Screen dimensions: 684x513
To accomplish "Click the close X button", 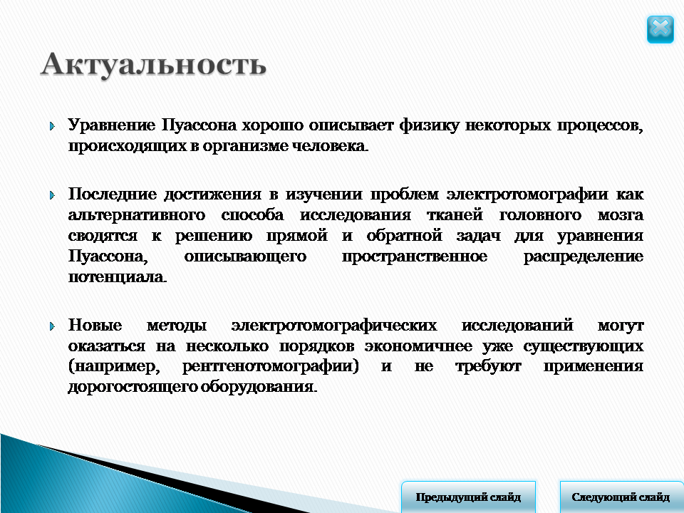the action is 660,29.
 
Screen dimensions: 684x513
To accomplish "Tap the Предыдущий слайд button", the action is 468,497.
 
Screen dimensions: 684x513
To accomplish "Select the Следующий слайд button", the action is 621,497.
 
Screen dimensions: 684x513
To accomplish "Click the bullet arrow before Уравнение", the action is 52,127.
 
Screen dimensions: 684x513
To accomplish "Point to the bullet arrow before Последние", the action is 52,195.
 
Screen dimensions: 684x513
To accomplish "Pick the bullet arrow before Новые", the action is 52,326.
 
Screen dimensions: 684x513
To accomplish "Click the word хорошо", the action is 273,125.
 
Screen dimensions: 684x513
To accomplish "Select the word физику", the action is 429,125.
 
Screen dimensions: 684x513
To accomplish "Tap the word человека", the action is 330,145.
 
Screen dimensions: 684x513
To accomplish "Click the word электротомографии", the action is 527,194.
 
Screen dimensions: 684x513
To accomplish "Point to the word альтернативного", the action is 137,214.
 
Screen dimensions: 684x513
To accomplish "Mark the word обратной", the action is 405,236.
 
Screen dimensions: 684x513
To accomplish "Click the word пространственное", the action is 415,256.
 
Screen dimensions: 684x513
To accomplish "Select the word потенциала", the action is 118,276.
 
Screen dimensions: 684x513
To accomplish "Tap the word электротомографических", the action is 333,325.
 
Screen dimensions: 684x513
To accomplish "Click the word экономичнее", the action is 418,346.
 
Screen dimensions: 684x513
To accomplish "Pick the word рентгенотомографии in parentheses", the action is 270,366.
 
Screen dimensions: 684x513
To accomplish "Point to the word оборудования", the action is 259,386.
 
